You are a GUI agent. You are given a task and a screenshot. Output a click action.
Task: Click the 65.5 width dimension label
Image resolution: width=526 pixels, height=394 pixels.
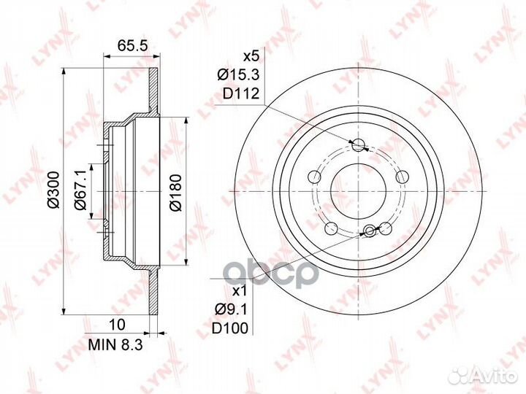[x=132, y=45]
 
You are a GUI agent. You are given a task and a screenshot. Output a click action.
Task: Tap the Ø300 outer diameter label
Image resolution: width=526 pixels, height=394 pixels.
[x=53, y=190]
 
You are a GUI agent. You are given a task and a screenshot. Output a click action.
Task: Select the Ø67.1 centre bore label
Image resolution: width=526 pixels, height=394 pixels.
[x=81, y=189]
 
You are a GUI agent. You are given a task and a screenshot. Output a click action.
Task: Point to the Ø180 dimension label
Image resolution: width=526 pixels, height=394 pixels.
[x=175, y=193]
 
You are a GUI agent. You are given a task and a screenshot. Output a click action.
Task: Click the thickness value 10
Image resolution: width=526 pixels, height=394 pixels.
[x=117, y=324]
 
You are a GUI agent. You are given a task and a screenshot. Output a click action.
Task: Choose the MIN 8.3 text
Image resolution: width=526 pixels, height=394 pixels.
[x=115, y=344]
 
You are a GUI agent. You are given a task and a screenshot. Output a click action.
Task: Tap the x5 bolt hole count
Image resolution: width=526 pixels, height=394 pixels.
[x=251, y=57]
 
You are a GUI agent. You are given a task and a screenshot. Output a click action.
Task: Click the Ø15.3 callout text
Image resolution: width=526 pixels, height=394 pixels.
[x=239, y=74]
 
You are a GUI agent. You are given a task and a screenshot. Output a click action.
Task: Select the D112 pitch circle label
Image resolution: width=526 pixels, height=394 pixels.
[x=242, y=93]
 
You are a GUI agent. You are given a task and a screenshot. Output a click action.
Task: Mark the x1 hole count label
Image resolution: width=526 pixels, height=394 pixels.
[x=240, y=291]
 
